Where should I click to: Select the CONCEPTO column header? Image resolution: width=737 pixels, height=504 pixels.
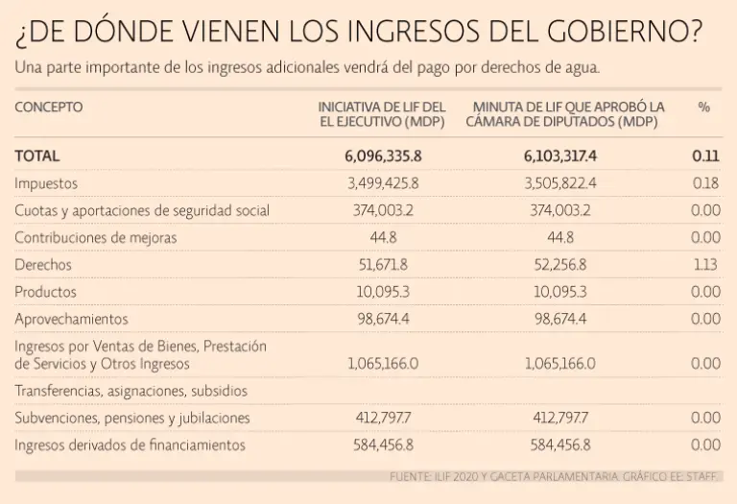(49, 108)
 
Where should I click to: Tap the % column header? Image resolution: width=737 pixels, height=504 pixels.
(704, 108)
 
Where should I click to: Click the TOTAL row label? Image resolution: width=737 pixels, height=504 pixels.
(37, 156)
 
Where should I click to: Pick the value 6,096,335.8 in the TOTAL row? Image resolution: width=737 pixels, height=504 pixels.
(383, 156)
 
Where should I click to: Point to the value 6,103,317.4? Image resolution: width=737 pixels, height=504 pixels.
(560, 156)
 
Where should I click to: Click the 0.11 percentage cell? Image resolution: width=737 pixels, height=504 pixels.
(705, 156)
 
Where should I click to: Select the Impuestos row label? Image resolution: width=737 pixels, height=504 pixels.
(46, 182)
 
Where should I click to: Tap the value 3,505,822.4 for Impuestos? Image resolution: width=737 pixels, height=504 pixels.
(560, 182)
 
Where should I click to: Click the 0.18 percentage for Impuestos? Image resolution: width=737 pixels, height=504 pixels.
(705, 182)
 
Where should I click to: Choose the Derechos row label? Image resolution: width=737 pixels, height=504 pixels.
(43, 264)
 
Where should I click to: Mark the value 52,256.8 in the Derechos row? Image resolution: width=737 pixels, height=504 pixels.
(560, 264)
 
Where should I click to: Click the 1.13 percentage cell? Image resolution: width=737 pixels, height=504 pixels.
(705, 264)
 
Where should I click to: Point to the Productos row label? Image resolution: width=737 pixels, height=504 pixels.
(46, 291)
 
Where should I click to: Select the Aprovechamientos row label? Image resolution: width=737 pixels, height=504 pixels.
(71, 318)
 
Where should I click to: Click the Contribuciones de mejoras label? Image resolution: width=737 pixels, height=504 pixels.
(96, 237)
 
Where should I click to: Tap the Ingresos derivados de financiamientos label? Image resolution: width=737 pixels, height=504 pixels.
(130, 444)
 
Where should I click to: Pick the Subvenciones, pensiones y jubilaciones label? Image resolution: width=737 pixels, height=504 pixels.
(132, 418)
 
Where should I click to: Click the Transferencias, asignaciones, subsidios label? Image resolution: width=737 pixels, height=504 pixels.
(131, 391)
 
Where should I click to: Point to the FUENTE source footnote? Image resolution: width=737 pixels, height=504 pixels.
(555, 476)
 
